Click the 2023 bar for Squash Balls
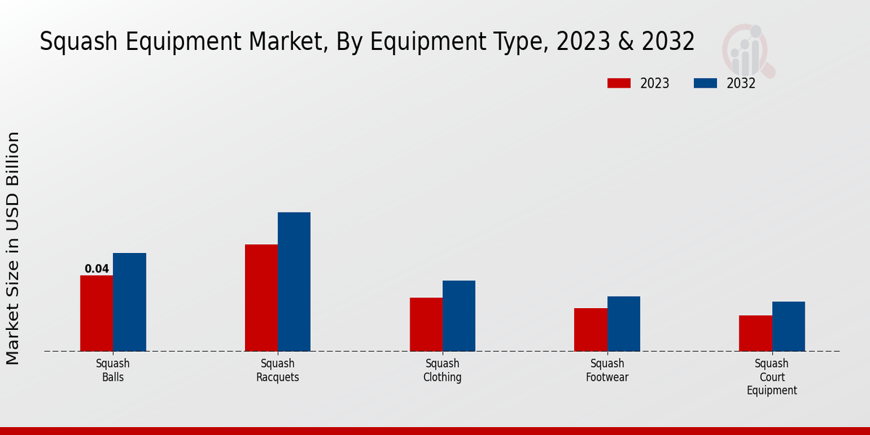coord(96,313)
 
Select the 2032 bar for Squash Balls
coord(129,302)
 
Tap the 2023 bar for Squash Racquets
coord(261,297)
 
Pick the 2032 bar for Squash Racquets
coord(294,281)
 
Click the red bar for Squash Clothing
coord(426,324)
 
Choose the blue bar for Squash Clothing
coord(459,315)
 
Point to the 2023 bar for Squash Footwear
coord(590,329)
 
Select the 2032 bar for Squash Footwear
coord(623,323)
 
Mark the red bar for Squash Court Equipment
coord(755,333)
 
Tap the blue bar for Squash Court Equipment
coord(788,326)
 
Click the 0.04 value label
coord(96,269)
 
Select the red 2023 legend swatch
coord(618,83)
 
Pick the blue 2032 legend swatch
coord(705,83)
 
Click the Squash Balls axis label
coord(112,370)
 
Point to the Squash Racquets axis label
coord(278,370)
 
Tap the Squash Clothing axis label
coord(442,370)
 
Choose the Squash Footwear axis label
coord(608,370)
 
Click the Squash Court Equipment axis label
coord(771,377)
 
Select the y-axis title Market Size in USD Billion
coord(13,248)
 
